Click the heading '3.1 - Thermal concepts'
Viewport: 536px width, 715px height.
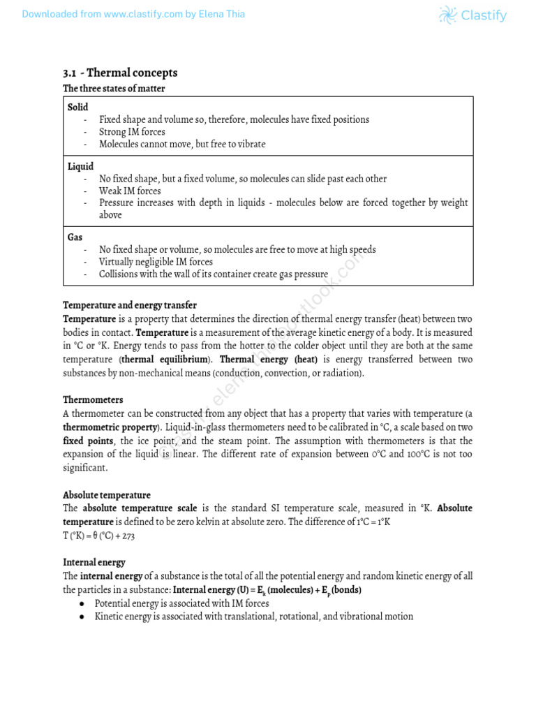click(x=120, y=73)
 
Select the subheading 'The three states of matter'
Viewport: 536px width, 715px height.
click(x=114, y=89)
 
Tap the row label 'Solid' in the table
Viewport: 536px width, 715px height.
click(x=78, y=107)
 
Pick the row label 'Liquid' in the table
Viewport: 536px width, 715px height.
click(x=81, y=166)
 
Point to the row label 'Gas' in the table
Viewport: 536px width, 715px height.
click(x=75, y=237)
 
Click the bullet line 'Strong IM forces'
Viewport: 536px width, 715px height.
click(x=132, y=132)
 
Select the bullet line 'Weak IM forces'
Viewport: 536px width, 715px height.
click(x=130, y=191)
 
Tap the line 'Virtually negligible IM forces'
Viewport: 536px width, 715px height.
click(x=156, y=262)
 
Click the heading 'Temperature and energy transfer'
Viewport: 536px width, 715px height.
click(x=130, y=305)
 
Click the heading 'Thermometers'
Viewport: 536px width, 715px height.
click(x=93, y=400)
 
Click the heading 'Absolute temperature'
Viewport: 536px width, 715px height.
click(x=107, y=495)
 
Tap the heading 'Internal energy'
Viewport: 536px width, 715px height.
click(x=94, y=562)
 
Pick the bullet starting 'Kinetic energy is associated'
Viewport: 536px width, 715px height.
click(x=253, y=617)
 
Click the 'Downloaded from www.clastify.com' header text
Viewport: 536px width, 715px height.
click(x=133, y=14)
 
